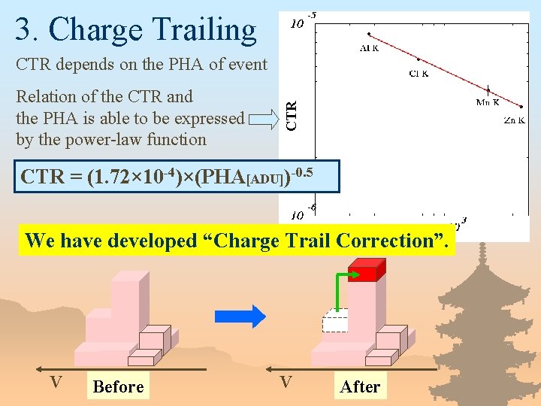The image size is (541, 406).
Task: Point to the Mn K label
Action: tap(488, 102)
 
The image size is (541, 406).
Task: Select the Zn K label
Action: tap(514, 120)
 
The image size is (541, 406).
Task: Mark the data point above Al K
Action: tap(368, 34)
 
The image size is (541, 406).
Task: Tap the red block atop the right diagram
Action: tap(367, 270)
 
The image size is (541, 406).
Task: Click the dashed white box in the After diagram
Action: tap(335, 320)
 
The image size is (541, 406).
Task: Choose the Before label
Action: tap(118, 386)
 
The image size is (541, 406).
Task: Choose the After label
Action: tap(360, 386)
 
